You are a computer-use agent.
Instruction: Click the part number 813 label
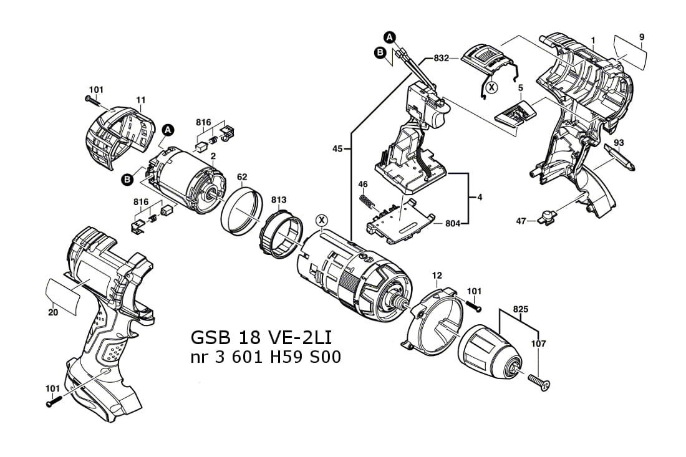tap(279, 200)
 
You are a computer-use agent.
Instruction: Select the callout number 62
tap(242, 176)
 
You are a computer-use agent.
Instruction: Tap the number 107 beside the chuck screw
tap(539, 344)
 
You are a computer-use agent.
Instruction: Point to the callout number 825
tap(521, 309)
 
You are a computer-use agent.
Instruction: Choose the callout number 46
tap(363, 184)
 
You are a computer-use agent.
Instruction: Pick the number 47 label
tap(521, 220)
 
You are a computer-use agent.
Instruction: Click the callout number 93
tap(619, 143)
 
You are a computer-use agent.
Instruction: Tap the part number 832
tap(442, 58)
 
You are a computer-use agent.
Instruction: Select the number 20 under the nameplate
tap(53, 312)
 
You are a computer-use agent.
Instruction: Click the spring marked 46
tap(367, 202)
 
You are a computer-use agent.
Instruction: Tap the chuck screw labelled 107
tap(538, 382)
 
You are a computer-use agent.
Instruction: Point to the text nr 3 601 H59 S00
tap(265, 359)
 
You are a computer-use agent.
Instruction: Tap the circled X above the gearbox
tap(322, 219)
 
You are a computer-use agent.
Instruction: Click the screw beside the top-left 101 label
tap(94, 99)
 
